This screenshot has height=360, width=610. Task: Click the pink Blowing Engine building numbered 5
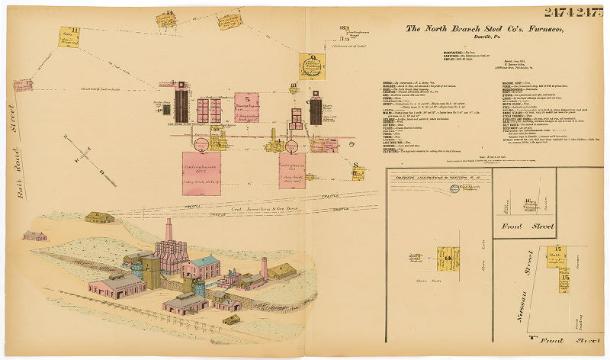(249, 106)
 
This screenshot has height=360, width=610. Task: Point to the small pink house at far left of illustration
(34, 236)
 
